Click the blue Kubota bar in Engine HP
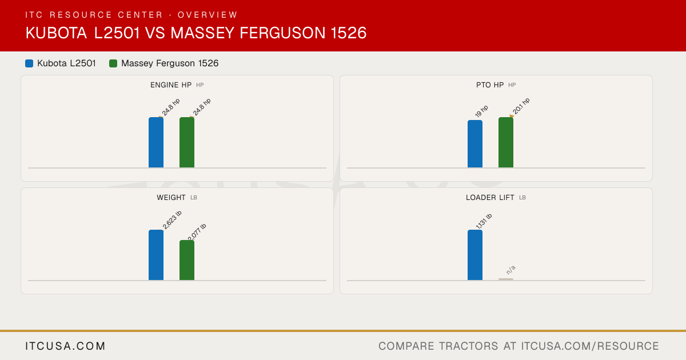pos(156,142)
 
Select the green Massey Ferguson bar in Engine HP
pos(187,142)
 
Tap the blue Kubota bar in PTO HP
pos(475,144)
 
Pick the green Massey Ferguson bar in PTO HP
pos(506,142)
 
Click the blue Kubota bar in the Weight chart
pos(156,255)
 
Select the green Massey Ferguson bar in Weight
pos(187,260)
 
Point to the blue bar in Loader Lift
pos(475,255)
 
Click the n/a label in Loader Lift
pos(511,270)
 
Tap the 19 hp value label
pos(481,111)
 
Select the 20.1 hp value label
pos(521,106)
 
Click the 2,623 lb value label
pos(172,220)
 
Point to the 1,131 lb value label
pos(484,221)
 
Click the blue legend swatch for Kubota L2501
pos(29,63)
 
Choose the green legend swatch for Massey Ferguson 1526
pos(113,63)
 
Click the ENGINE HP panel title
pos(171,85)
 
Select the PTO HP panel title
pos(490,85)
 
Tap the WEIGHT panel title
pos(171,198)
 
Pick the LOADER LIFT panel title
pos(490,198)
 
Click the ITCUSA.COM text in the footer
pos(65,346)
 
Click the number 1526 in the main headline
pos(349,33)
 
